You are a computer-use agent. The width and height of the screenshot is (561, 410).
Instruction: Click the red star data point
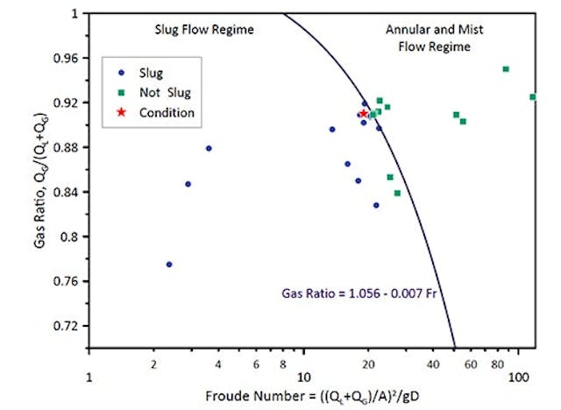364,113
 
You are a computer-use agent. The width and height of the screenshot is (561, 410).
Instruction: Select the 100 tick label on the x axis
517,376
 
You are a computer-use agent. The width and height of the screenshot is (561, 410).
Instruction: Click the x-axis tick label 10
303,376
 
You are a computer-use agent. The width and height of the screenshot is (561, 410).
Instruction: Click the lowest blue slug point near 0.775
169,264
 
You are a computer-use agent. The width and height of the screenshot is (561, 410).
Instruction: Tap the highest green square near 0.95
506,68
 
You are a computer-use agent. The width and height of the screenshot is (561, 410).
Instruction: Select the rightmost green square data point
532,96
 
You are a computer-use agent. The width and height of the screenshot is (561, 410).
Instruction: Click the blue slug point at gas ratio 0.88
209,148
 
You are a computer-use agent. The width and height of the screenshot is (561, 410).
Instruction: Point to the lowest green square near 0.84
397,193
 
